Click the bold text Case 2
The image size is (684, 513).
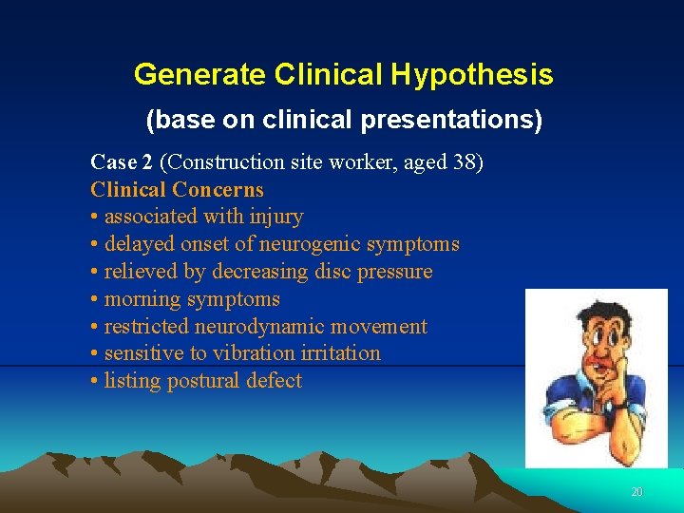(121, 162)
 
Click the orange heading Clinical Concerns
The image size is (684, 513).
(177, 190)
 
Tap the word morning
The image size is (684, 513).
(140, 300)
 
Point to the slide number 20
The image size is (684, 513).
(636, 492)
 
